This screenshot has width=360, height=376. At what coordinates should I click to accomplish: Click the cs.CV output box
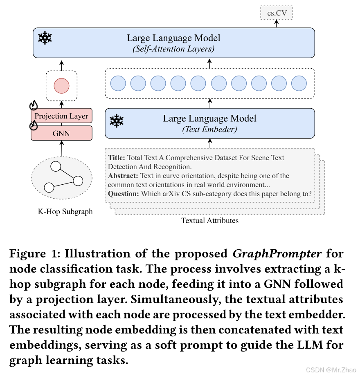tap(277, 13)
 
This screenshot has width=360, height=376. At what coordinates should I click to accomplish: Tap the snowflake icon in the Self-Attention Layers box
tap(45, 38)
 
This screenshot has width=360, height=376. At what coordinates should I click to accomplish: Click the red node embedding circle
tap(62, 86)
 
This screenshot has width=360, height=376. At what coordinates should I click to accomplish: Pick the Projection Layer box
tap(61, 116)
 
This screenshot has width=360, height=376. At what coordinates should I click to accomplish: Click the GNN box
tap(61, 133)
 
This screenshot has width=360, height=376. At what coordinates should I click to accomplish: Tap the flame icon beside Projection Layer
tap(34, 106)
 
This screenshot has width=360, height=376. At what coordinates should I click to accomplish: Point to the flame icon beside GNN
tap(34, 124)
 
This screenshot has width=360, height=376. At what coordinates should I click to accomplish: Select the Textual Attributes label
tap(210, 221)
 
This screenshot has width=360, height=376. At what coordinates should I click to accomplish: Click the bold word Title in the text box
tap(117, 158)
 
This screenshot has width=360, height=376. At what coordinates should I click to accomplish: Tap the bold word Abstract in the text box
tap(123, 176)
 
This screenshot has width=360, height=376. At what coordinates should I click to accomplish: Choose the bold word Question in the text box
tap(124, 194)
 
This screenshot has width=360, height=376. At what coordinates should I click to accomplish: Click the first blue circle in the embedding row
tap(118, 83)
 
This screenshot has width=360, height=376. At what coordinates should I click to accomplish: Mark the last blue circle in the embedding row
tap(299, 83)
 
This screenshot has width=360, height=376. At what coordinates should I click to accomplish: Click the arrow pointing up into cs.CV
tap(277, 24)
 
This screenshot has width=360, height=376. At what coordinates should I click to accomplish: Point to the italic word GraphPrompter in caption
tap(277, 254)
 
